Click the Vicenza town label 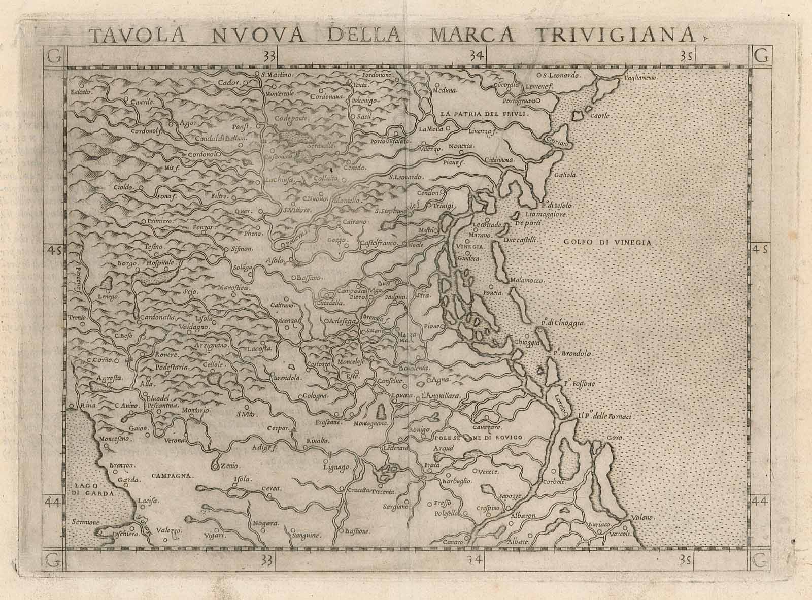tap(288, 321)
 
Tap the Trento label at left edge tap(78, 318)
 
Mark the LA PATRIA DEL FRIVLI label tap(484, 114)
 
